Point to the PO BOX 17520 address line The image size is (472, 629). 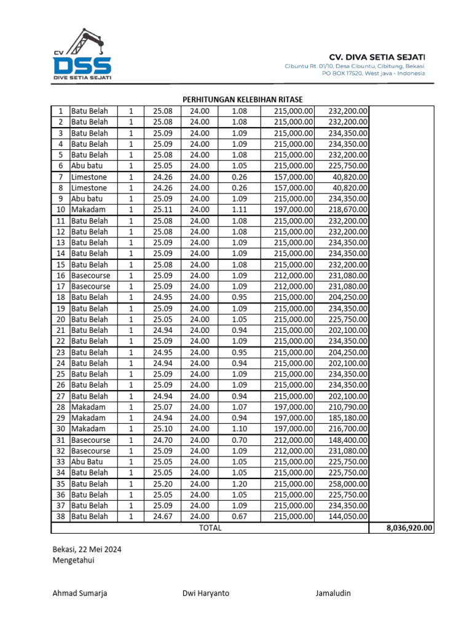(374, 73)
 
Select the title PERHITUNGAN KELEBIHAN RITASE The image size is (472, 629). (243, 100)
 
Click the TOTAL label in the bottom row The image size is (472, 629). (210, 528)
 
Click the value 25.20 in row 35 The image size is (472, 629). (163, 484)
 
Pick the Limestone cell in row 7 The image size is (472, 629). (89, 177)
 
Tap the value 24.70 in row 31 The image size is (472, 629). (163, 440)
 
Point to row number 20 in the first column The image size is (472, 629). (61, 319)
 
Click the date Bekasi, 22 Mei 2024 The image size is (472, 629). (87, 550)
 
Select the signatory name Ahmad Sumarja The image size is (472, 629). (80, 593)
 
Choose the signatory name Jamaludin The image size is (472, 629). (334, 593)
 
